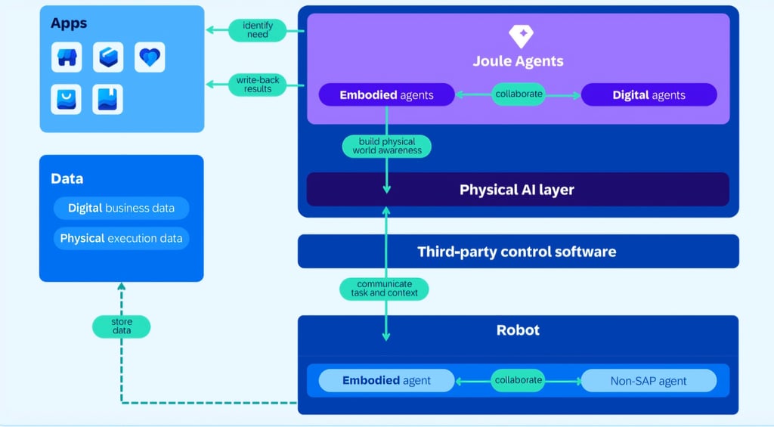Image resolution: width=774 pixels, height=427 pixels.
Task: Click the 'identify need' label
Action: (x=258, y=30)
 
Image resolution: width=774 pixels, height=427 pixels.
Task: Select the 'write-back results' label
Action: (x=258, y=84)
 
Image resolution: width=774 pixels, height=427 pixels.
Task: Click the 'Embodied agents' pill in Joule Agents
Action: (x=386, y=94)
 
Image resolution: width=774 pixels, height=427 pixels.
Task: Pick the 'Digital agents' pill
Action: (x=649, y=94)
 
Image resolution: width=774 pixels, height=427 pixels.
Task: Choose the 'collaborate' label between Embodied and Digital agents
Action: (x=518, y=94)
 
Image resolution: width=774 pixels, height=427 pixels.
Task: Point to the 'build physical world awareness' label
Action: (x=386, y=146)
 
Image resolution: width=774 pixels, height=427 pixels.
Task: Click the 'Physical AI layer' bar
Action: (x=517, y=189)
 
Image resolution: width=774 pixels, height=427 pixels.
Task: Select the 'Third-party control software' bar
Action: (x=517, y=251)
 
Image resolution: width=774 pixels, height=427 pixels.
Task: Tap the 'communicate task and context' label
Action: (x=385, y=289)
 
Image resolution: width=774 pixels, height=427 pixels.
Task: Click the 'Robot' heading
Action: (x=518, y=330)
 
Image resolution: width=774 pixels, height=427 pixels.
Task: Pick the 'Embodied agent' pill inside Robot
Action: (x=386, y=380)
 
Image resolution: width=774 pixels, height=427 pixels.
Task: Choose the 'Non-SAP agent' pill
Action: (x=648, y=380)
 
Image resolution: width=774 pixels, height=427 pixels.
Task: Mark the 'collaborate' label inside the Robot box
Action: (x=518, y=380)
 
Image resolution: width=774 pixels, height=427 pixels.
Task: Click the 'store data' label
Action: (x=121, y=326)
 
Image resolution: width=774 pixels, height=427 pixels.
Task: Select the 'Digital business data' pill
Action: (x=121, y=208)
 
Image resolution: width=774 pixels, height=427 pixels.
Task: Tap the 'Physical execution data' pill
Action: (x=121, y=238)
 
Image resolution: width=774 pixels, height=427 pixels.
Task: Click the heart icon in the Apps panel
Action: (x=150, y=57)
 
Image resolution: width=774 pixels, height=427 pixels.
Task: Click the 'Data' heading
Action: (x=67, y=179)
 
